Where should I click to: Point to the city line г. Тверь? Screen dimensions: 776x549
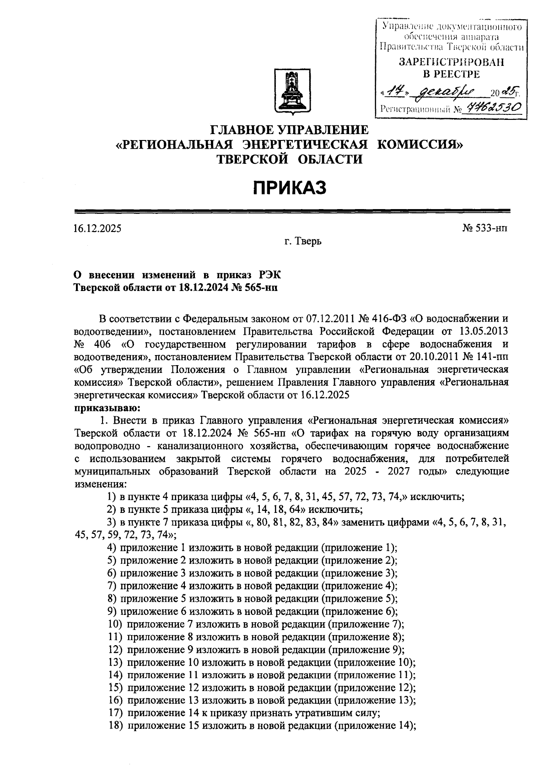click(303, 241)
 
